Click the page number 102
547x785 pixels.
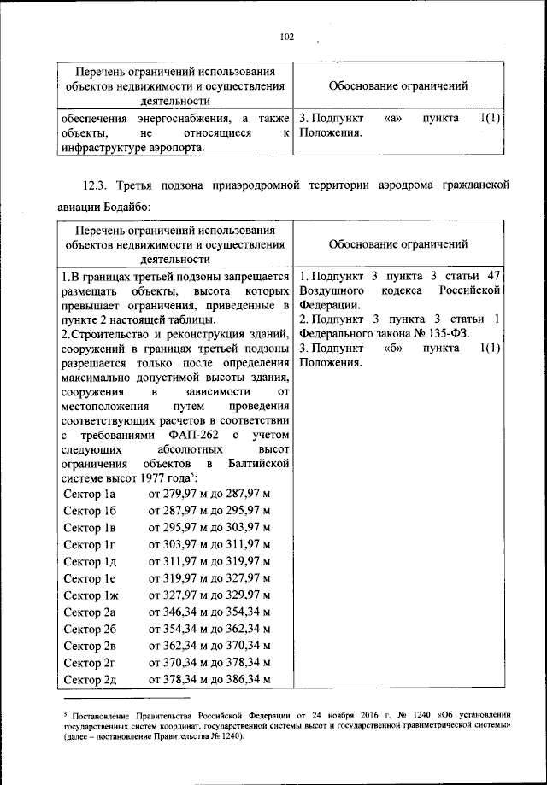(286, 36)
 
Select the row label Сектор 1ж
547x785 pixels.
(90, 595)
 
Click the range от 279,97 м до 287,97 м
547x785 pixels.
(209, 495)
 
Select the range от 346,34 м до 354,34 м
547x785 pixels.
(209, 612)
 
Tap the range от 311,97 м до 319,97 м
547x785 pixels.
(209, 562)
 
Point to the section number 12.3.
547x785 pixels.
(97, 185)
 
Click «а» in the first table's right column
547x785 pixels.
(394, 117)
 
